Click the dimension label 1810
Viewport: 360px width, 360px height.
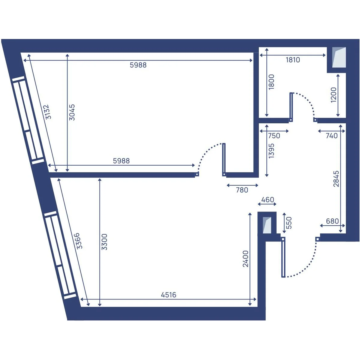click(x=293, y=60)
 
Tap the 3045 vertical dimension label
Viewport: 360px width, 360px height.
click(x=72, y=112)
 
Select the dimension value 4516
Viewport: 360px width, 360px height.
click(x=169, y=295)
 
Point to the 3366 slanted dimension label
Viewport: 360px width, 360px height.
click(x=79, y=241)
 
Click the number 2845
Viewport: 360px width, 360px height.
click(x=336, y=178)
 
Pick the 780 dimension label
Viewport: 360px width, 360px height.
click(x=242, y=190)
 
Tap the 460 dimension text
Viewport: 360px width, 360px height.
click(x=268, y=200)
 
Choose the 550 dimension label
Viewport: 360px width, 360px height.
click(x=289, y=223)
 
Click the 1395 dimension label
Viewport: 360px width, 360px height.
click(x=271, y=151)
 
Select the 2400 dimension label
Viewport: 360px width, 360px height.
click(x=245, y=259)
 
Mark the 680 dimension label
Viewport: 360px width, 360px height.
click(x=332, y=221)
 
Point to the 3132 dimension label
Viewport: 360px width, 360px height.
click(x=47, y=112)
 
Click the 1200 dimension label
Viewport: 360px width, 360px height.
click(x=334, y=95)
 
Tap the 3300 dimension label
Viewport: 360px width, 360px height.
click(x=104, y=242)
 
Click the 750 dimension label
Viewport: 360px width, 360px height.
click(x=274, y=136)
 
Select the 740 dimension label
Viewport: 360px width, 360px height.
click(x=331, y=136)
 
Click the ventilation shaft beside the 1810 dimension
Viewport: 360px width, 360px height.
click(x=339, y=57)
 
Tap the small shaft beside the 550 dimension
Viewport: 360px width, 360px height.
click(x=267, y=225)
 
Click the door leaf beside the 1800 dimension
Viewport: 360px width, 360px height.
click(x=291, y=107)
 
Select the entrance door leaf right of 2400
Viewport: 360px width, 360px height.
click(x=283, y=257)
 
